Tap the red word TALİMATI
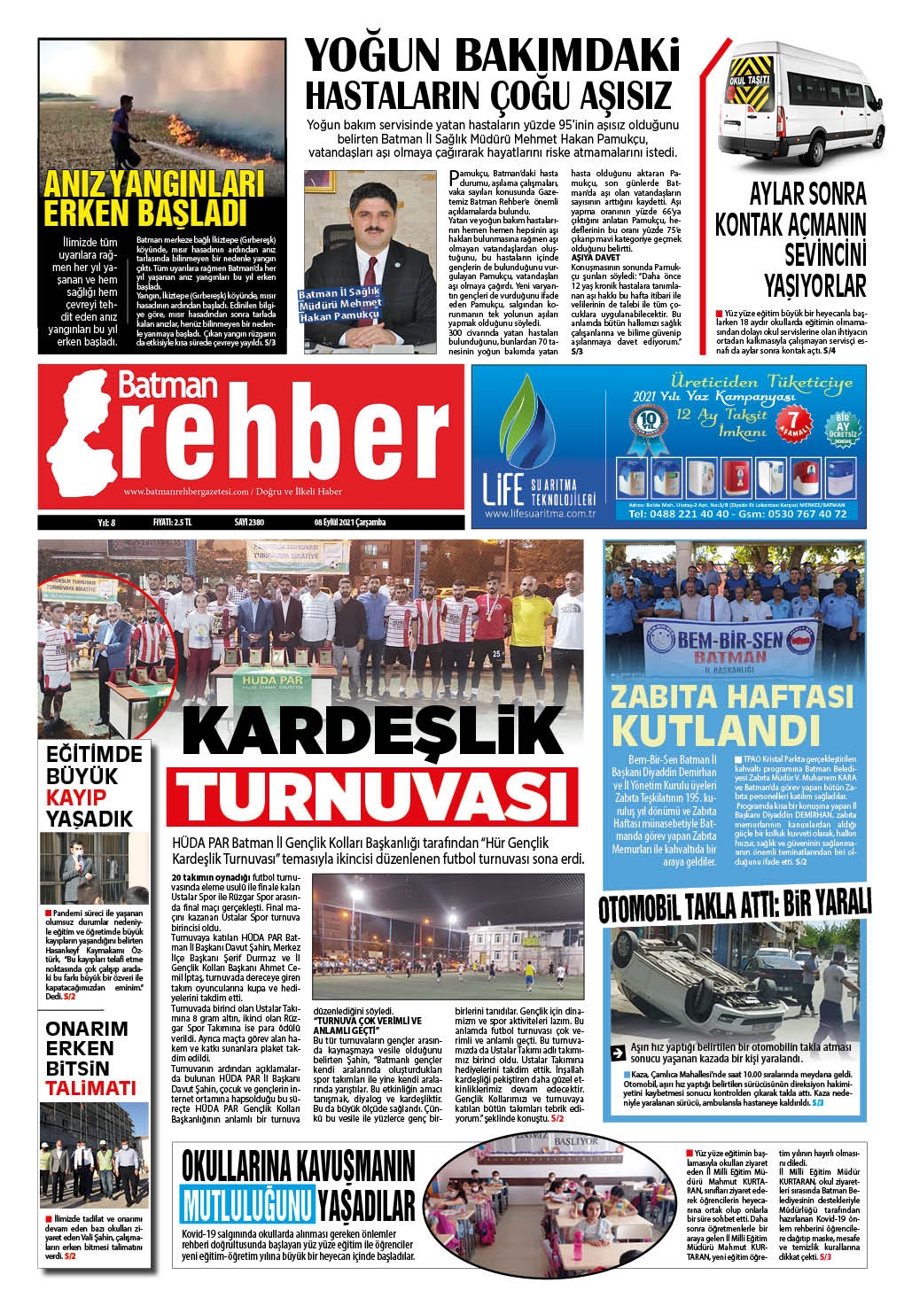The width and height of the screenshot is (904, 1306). point(90,1088)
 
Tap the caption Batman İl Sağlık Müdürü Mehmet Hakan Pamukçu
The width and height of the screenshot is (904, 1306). point(340,304)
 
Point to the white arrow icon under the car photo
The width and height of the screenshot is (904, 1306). point(618,1053)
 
